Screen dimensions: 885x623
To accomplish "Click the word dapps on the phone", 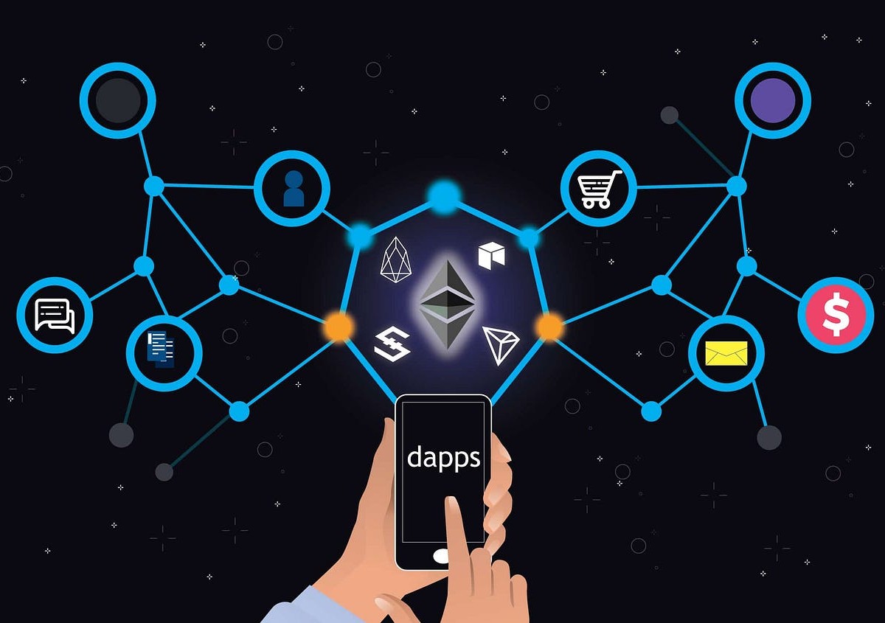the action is coord(443,458).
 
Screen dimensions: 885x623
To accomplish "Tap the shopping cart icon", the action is coord(600,189).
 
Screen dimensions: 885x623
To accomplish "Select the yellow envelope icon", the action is coord(726,353).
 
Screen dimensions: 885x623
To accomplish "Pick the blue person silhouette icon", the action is coord(294,189).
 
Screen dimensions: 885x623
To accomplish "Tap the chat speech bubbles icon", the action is coord(55,316).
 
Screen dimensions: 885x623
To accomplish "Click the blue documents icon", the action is coord(161,349).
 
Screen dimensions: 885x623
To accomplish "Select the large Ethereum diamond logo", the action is coord(447,304).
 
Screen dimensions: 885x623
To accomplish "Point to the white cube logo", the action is coord(491,256).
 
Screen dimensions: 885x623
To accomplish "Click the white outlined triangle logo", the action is coord(500,344).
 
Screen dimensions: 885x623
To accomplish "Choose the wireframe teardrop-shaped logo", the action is coord(395,260).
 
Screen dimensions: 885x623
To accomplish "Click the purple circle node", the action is coord(773,100).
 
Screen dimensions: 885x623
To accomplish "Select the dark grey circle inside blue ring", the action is coord(118,100).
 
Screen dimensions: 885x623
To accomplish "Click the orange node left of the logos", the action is coord(339,327).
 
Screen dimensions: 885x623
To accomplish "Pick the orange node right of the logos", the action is coord(549,327).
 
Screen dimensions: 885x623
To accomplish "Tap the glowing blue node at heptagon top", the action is coord(444,196).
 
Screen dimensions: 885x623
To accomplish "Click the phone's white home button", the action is coord(441,556).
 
